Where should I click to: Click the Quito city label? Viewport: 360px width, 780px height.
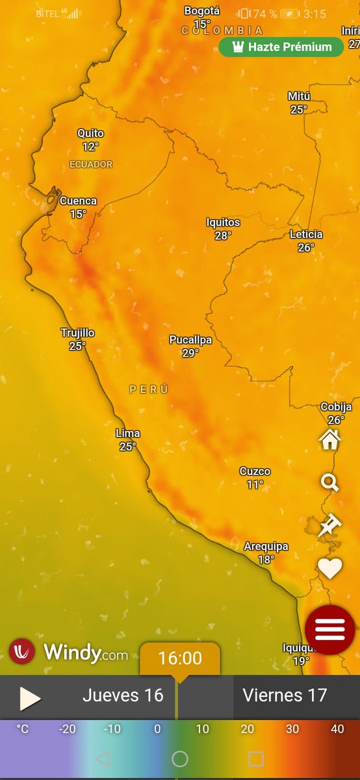tap(90, 133)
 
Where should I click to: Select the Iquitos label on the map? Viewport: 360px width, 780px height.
tap(223, 222)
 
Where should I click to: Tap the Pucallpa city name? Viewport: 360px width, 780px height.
tap(190, 340)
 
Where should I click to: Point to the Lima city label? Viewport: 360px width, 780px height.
tap(127, 434)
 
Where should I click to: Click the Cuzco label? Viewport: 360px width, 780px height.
tap(255, 471)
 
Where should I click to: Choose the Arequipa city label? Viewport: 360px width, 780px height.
tap(266, 547)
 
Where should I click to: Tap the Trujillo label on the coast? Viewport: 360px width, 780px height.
tap(77, 333)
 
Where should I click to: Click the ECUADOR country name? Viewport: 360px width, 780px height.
tap(91, 164)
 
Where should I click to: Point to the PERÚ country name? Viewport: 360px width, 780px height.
tap(149, 389)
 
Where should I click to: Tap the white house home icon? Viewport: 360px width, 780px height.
tap(330, 440)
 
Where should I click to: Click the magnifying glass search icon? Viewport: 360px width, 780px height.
tap(330, 482)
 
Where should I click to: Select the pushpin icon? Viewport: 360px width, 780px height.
tap(329, 525)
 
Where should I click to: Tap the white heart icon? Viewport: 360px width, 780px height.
tap(330, 569)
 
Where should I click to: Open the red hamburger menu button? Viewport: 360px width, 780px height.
tap(330, 630)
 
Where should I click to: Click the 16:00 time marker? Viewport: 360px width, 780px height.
tap(180, 658)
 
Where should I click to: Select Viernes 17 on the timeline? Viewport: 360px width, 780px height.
tap(285, 695)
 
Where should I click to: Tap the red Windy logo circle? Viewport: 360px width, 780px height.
tap(22, 651)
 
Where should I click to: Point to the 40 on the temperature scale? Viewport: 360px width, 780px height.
tap(337, 729)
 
